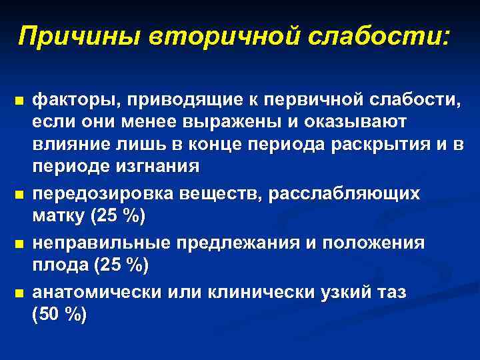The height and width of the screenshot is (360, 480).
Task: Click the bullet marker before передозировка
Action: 19,195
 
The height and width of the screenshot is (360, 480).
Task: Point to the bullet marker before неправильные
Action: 19,244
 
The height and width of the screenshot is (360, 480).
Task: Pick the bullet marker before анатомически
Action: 19,293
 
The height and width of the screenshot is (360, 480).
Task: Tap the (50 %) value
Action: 59,315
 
